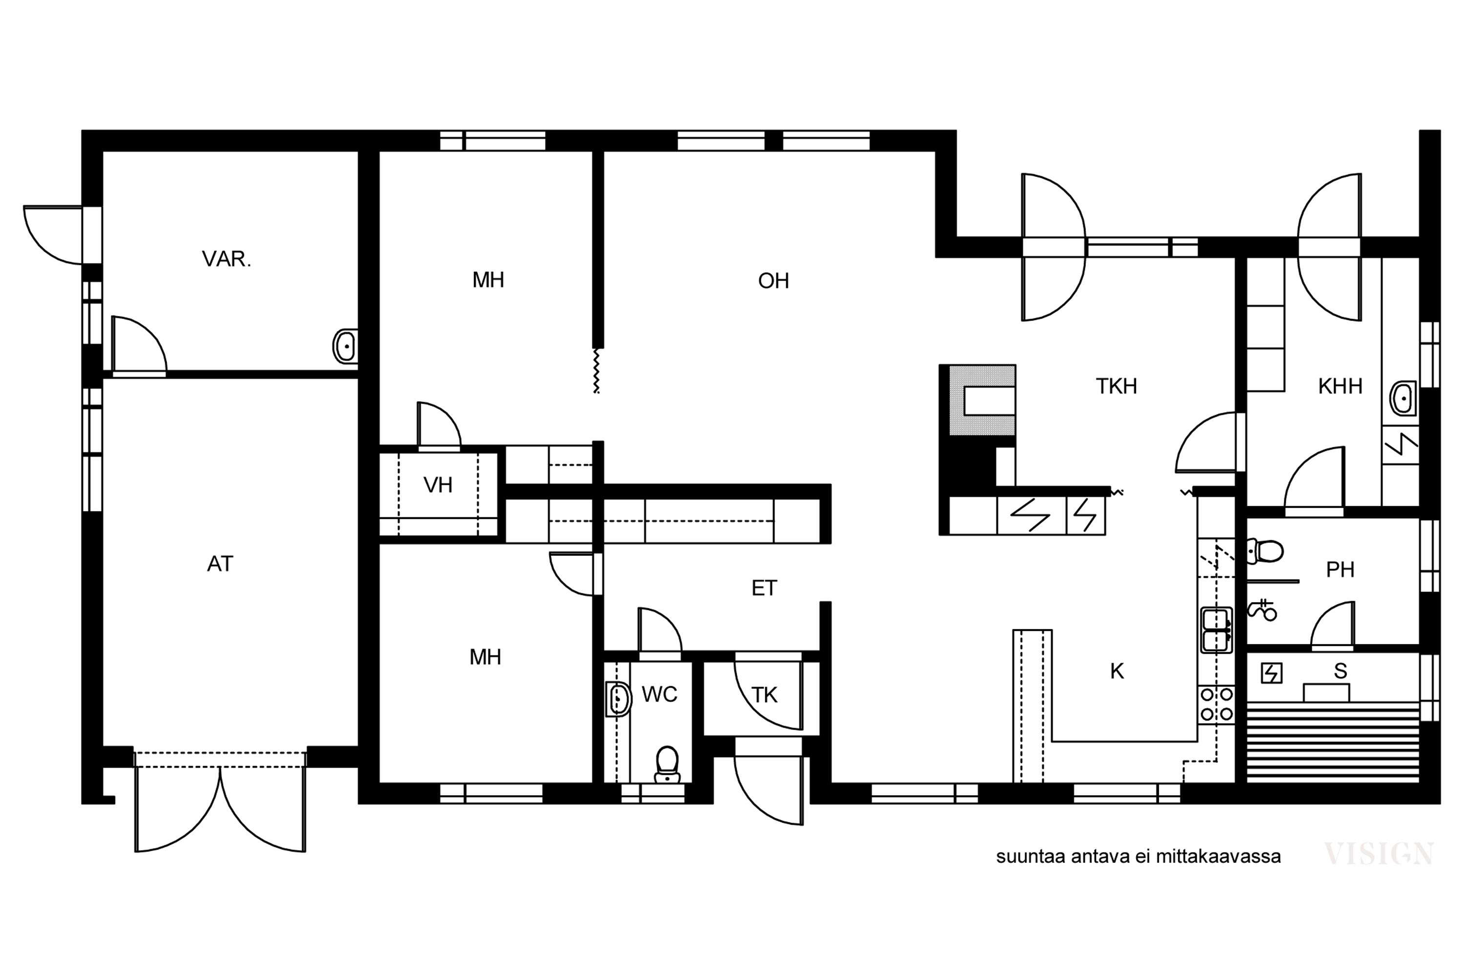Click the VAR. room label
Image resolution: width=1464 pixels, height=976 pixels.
coord(226,259)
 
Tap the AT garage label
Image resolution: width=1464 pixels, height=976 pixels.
coord(220,564)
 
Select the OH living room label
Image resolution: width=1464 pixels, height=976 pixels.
coord(773,281)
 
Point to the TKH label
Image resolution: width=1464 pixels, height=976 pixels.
coord(1116,386)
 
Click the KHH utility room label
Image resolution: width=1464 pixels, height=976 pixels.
coord(1340,386)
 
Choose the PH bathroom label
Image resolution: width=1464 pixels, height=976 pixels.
coord(1340,569)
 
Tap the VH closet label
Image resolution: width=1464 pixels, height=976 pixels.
coord(438,485)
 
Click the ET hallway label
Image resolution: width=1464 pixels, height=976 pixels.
coord(764,588)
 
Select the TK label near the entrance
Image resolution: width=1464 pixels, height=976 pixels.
coord(764,695)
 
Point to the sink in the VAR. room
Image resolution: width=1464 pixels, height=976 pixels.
coord(346,346)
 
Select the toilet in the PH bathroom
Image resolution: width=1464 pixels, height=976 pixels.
coord(1265,551)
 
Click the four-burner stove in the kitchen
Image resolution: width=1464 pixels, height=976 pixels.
coord(1216,704)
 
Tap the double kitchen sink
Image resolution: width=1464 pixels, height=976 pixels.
coord(1216,630)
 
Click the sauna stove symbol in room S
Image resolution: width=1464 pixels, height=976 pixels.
coord(1271,673)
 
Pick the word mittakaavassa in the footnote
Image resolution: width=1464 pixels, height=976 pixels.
coord(1218,857)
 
